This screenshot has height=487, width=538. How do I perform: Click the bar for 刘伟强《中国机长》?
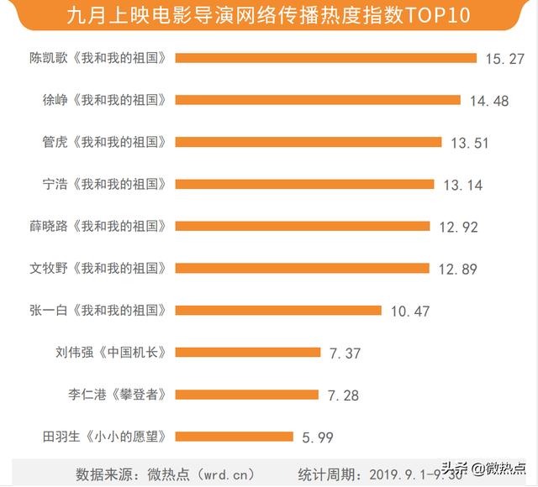[x=248, y=353]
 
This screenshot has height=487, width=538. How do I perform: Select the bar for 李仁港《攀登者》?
[x=247, y=395]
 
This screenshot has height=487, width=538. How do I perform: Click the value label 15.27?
[x=505, y=59]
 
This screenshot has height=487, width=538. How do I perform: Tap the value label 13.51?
[x=469, y=143]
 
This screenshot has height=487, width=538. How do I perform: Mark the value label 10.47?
[x=410, y=312]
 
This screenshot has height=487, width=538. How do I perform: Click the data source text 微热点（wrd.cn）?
[x=176, y=472]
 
